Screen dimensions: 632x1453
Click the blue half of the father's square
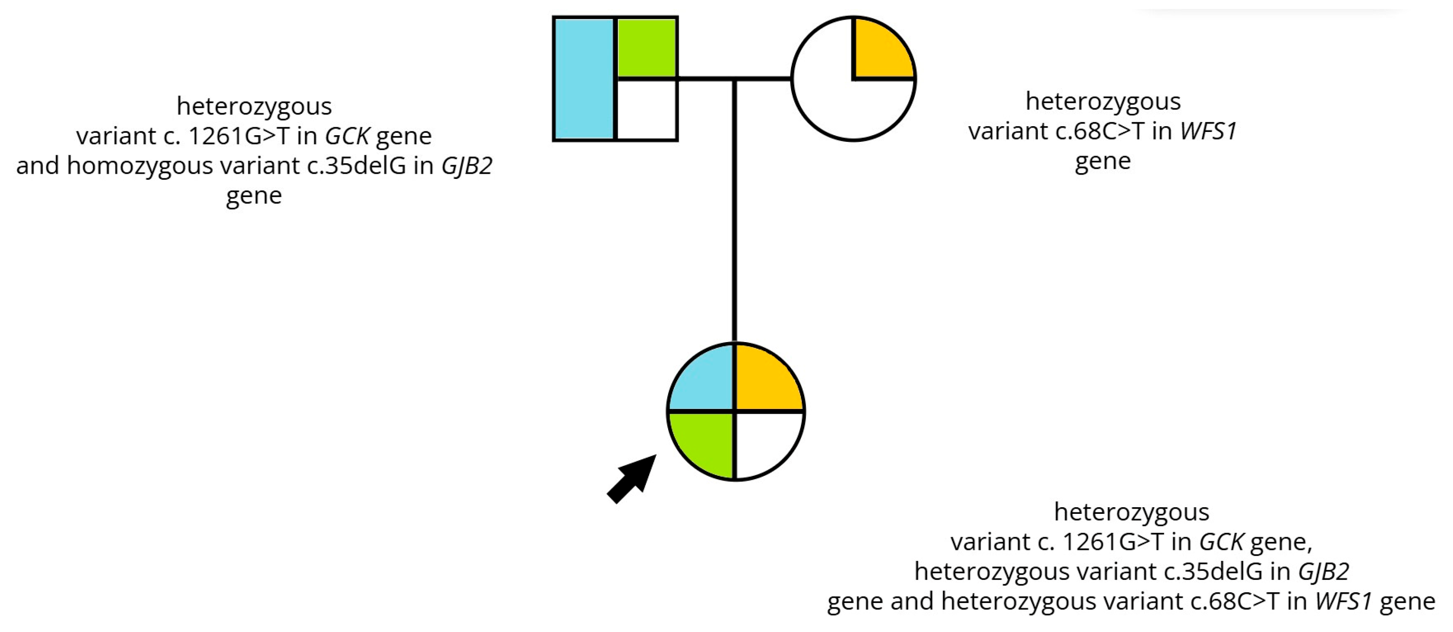point(584,79)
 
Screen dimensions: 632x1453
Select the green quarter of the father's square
point(647,48)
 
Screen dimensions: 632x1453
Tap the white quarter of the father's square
point(647,110)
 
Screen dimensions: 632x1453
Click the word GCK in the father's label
point(347,136)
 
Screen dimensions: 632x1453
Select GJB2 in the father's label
point(466,166)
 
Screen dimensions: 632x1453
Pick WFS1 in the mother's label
point(1208,131)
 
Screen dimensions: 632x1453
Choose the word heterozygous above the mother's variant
point(1103,102)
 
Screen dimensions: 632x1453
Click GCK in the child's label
point(1221,542)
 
